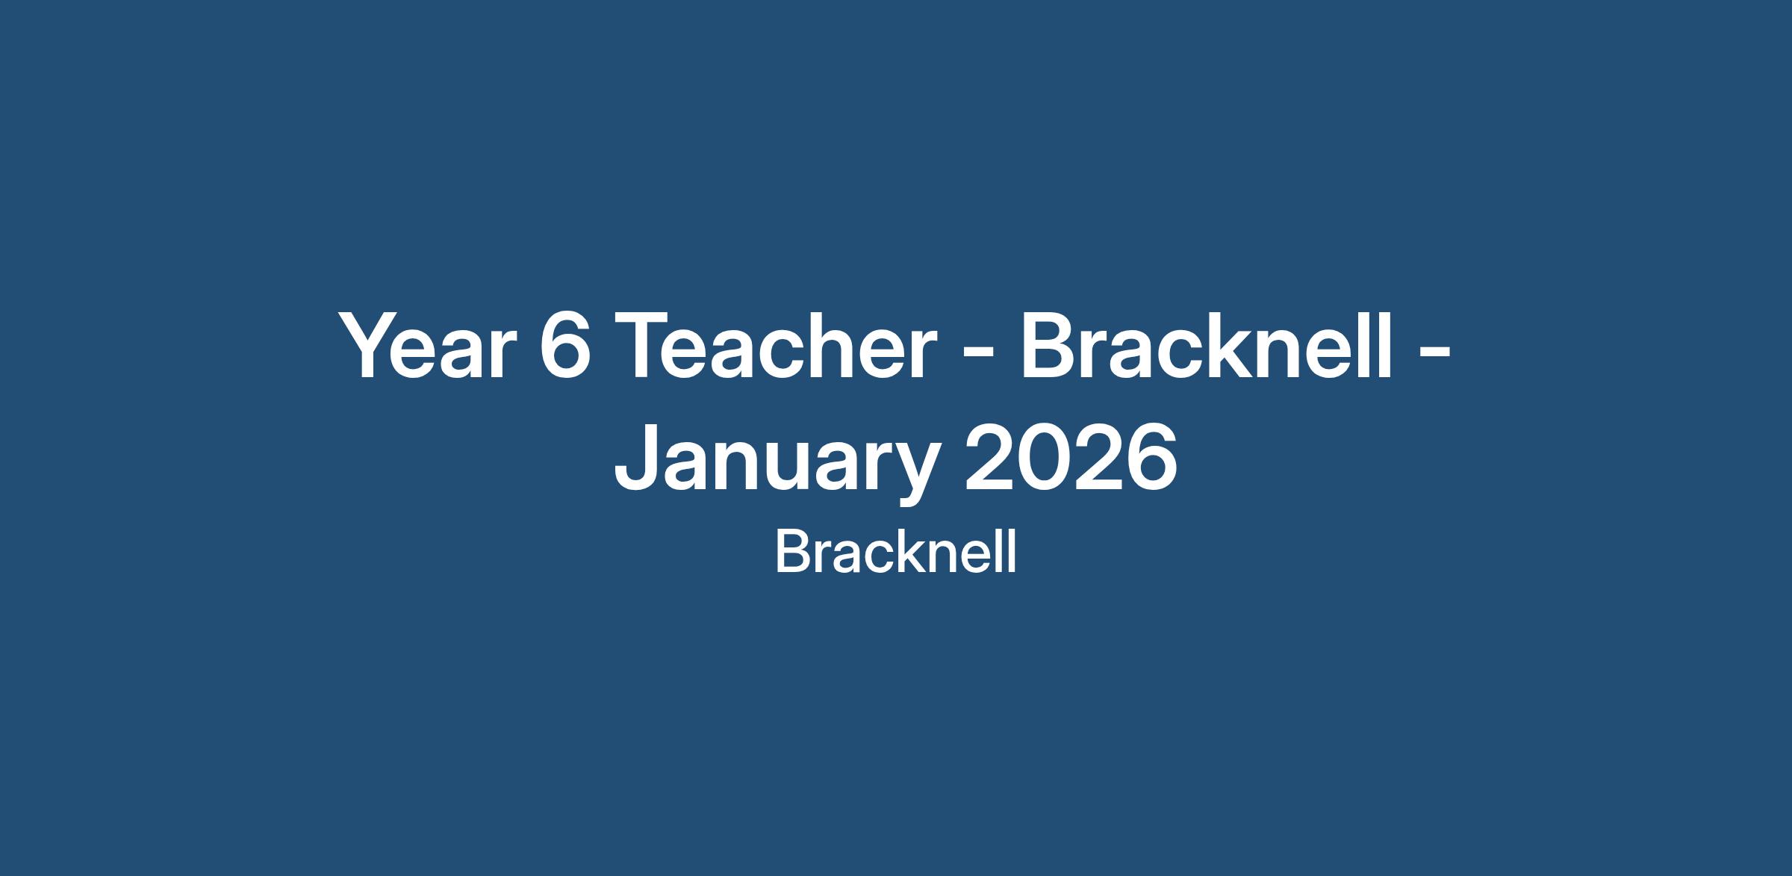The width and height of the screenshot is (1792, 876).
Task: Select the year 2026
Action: click(x=1071, y=457)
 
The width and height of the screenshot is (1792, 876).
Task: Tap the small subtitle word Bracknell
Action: click(x=895, y=553)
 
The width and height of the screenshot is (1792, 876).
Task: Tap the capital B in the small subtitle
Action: click(x=791, y=553)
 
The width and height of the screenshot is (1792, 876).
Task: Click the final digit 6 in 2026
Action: click(x=1151, y=457)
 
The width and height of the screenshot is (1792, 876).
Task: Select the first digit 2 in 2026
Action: click(x=990, y=456)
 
